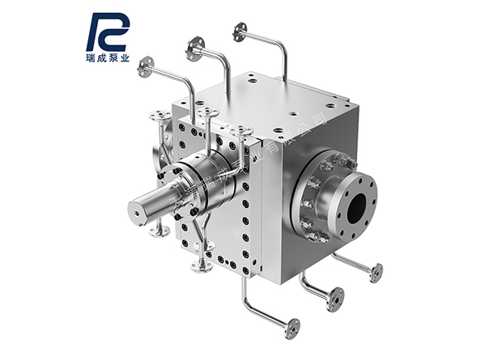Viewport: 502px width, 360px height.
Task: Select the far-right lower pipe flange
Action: [x=376, y=273]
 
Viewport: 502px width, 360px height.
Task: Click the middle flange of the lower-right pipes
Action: [x=334, y=296]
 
